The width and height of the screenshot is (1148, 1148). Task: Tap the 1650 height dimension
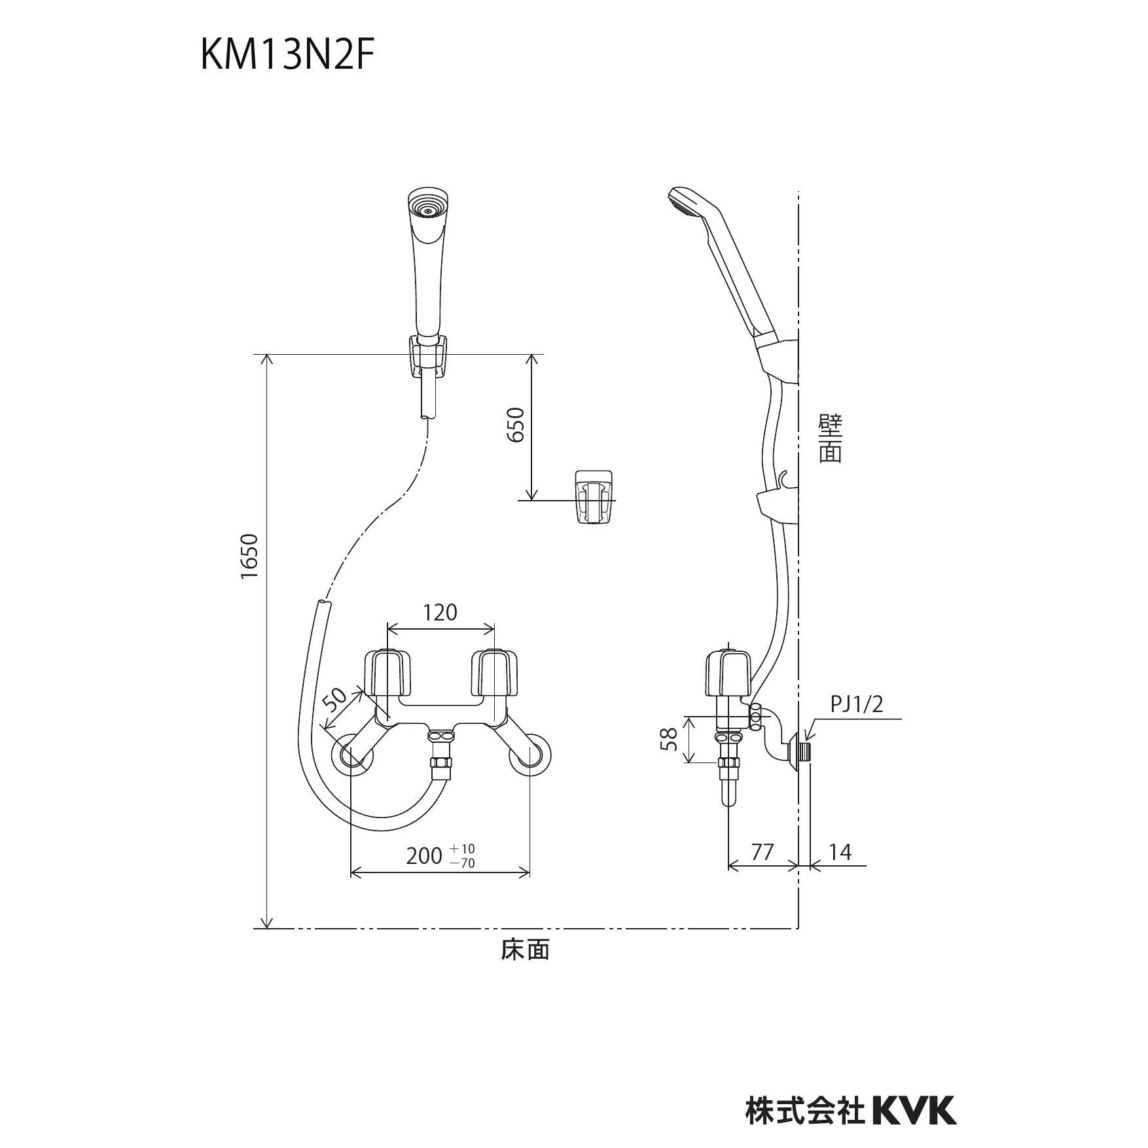click(x=250, y=556)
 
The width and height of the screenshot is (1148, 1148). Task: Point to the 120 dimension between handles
click(x=440, y=613)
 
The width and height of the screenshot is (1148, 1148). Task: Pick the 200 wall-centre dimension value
click(x=423, y=855)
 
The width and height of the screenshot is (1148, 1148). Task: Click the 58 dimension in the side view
click(x=669, y=740)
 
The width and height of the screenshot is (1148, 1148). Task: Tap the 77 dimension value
click(x=762, y=852)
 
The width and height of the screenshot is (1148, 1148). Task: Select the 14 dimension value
click(x=840, y=852)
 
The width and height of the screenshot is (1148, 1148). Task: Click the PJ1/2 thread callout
click(x=857, y=704)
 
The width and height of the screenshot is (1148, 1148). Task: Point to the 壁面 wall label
click(x=831, y=439)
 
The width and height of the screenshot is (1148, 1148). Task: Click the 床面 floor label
click(x=525, y=950)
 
